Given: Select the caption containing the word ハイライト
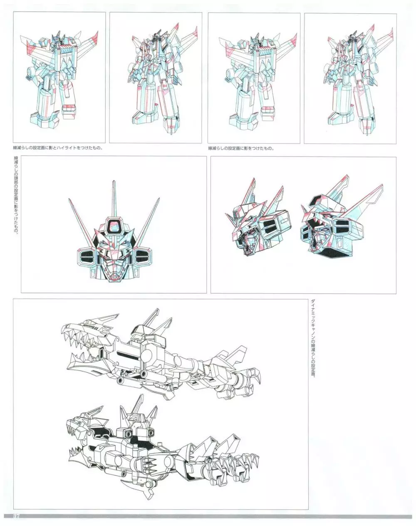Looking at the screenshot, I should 58,147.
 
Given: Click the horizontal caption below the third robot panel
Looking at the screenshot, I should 241,148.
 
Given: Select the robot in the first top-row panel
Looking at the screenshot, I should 59,77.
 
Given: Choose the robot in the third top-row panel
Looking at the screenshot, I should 254,77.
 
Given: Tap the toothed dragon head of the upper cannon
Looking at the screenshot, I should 89,342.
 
